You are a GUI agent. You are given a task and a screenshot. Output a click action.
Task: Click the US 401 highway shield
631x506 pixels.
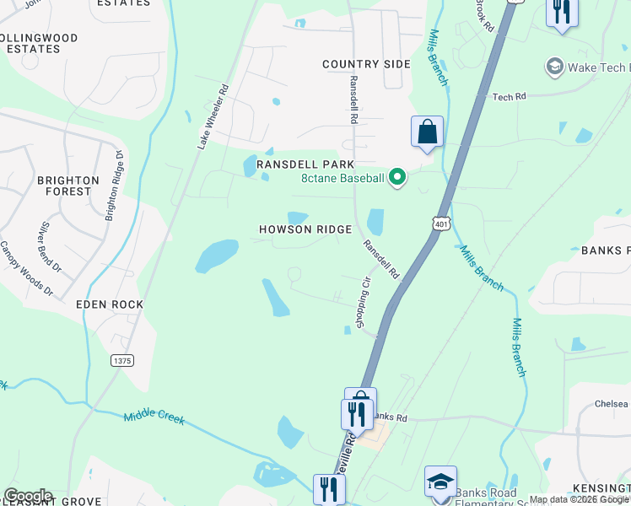(x=440, y=223)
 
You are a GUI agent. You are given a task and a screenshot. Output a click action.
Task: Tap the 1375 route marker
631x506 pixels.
(x=121, y=360)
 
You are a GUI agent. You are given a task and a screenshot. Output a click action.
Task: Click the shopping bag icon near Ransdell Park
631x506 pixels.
(x=427, y=132)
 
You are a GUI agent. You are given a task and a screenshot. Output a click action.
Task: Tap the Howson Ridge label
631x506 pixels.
(x=305, y=229)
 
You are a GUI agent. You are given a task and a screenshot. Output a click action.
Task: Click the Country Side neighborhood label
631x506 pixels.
(x=366, y=64)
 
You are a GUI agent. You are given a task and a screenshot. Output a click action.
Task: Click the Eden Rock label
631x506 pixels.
(x=110, y=304)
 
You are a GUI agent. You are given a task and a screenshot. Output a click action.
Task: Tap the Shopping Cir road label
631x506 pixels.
(x=363, y=303)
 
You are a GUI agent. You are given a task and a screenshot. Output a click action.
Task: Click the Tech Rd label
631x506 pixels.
(x=509, y=97)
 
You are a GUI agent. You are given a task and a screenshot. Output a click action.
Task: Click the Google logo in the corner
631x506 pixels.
(x=27, y=496)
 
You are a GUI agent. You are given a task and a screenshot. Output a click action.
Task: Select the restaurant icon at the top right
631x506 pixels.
(x=562, y=12)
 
